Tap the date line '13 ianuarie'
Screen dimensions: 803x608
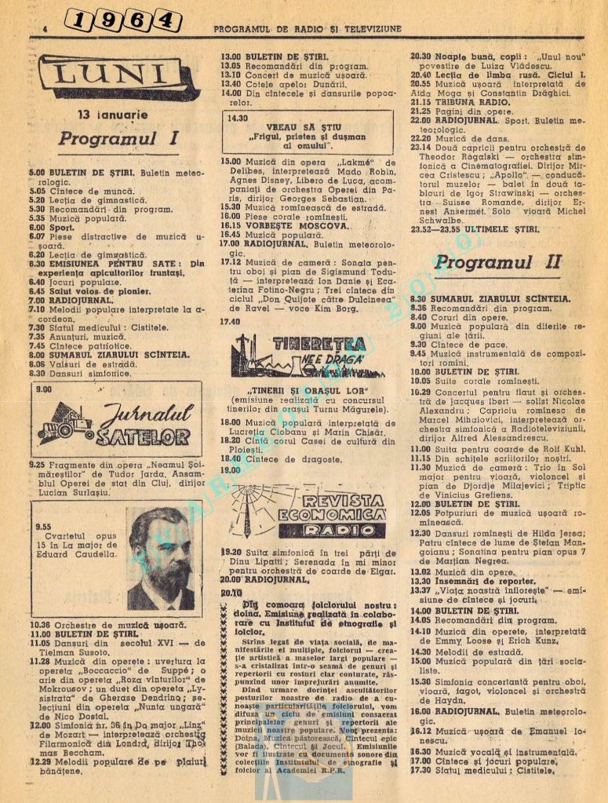pyautogui.click(x=113, y=115)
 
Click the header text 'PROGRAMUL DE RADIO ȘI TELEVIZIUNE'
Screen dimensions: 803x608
pyautogui.click(x=308, y=29)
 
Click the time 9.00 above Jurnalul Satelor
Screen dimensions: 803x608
pyautogui.click(x=44, y=389)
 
